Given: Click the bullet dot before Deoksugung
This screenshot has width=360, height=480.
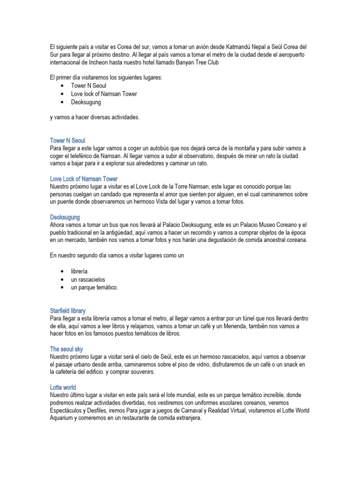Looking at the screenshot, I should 62,102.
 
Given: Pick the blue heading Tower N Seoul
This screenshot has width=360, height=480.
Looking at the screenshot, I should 67,140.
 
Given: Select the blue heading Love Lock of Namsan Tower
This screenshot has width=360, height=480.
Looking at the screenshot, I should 84,179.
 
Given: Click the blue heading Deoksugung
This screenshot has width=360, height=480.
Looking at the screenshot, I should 65,217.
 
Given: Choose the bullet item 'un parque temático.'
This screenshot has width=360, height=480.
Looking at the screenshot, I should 94,287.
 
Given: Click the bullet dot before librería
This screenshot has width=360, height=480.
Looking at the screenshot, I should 62,271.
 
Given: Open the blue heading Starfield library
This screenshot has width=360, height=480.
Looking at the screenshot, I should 67,311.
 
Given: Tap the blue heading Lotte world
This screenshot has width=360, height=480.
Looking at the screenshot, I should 63,388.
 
